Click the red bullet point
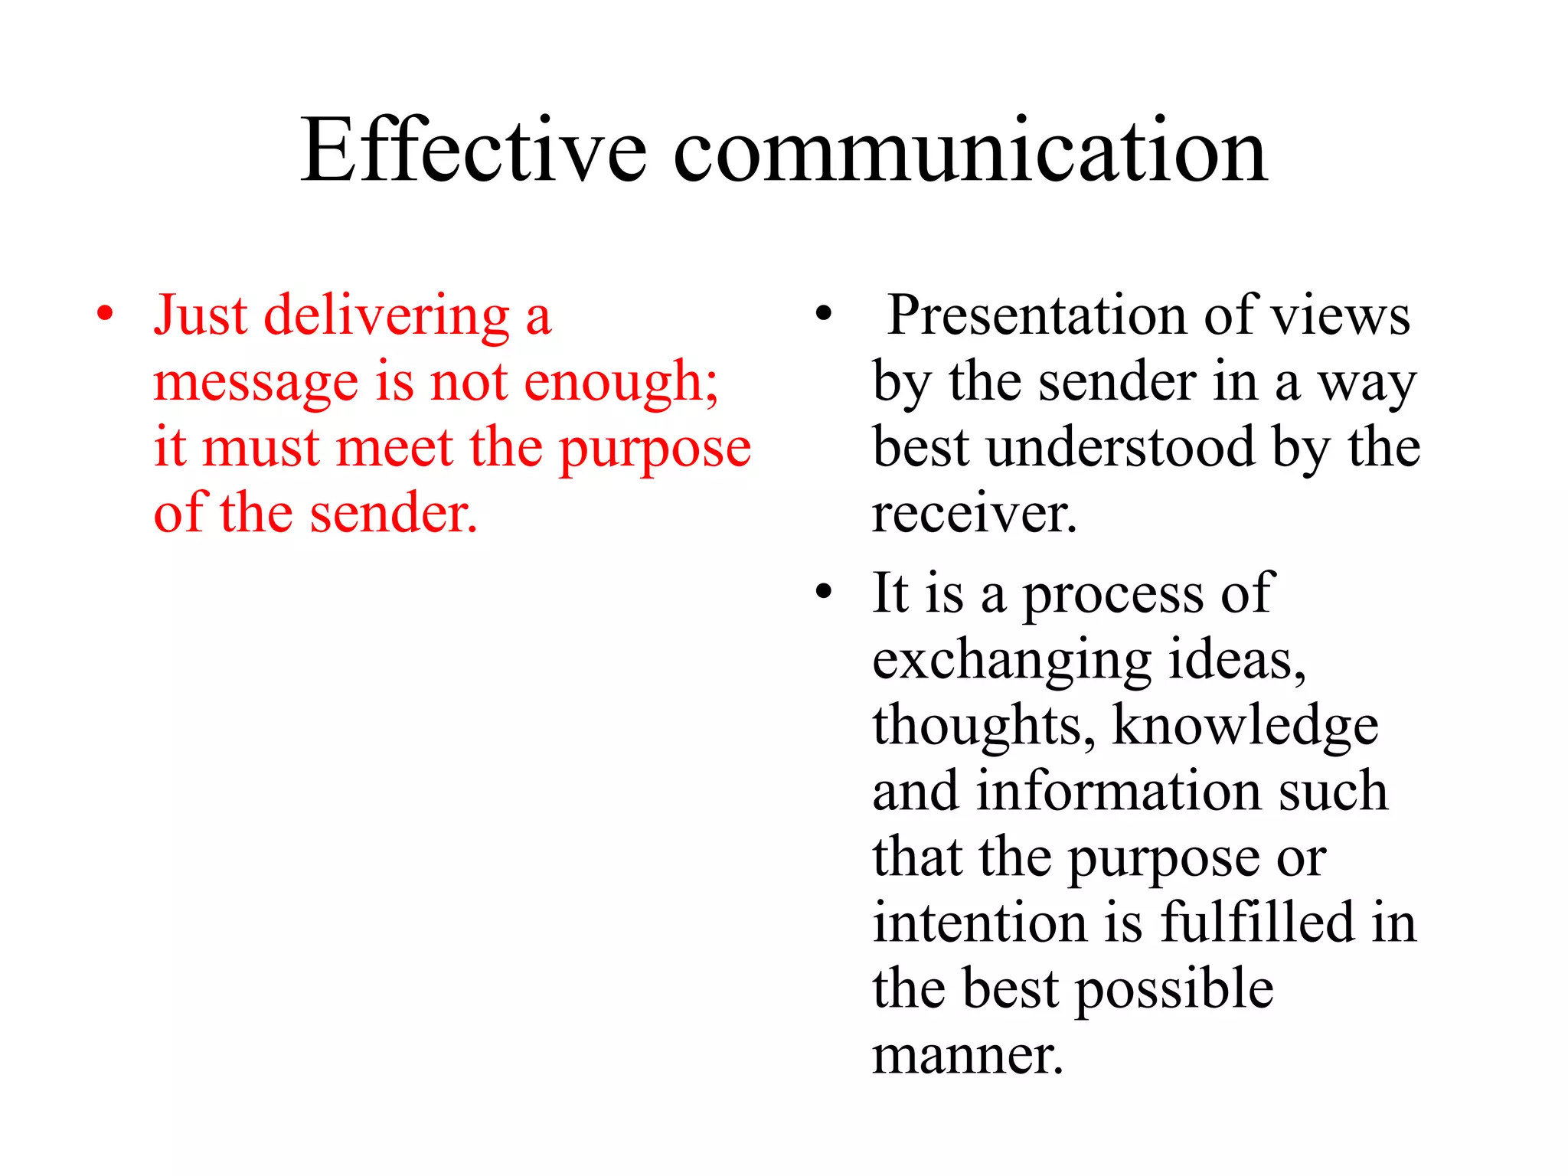tap(106, 313)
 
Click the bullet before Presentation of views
tap(824, 313)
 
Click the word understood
tap(1121, 447)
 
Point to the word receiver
tap(974, 514)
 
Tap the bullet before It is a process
tap(824, 592)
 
